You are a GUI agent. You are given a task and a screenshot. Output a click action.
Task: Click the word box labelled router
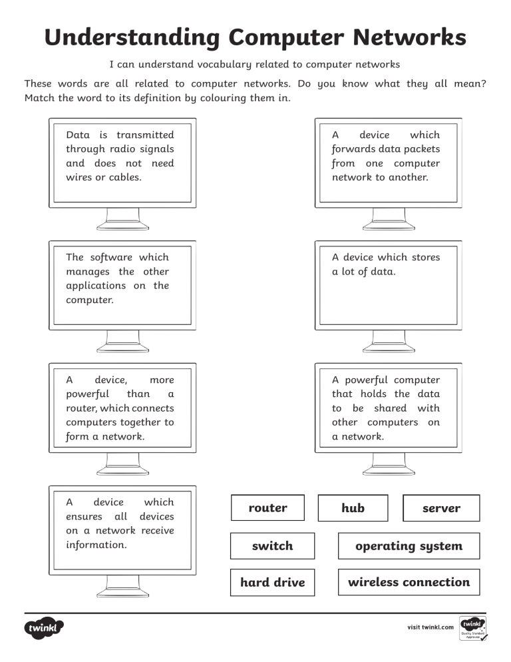pyautogui.click(x=267, y=508)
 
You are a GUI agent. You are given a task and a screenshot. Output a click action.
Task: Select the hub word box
pyautogui.click(x=353, y=508)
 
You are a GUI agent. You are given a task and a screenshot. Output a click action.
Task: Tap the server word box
pyautogui.click(x=441, y=508)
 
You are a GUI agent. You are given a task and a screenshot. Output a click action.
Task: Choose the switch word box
pyautogui.click(x=272, y=546)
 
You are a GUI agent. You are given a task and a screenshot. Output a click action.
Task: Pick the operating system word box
pyautogui.click(x=409, y=546)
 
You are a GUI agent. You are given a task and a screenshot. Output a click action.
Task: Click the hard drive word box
pyautogui.click(x=272, y=583)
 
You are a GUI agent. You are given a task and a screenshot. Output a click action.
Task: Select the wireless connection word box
pyautogui.click(x=409, y=583)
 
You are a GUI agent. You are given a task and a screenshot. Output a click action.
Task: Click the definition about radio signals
pyautogui.click(x=120, y=157)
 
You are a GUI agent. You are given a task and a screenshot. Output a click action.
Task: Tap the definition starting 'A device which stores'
pyautogui.click(x=386, y=264)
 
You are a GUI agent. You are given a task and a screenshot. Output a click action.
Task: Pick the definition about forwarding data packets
pyautogui.click(x=386, y=157)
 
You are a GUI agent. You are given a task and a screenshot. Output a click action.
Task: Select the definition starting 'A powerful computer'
pyautogui.click(x=386, y=408)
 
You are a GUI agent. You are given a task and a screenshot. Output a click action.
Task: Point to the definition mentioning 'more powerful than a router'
pyautogui.click(x=120, y=408)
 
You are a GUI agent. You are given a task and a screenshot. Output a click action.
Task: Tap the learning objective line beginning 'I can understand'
pyautogui.click(x=255, y=65)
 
